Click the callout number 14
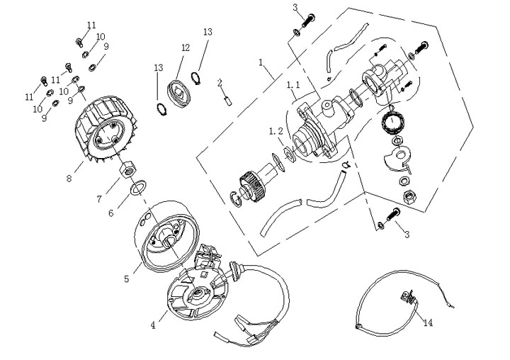[x=428, y=322]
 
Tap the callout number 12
[x=186, y=48]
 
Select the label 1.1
[x=293, y=85]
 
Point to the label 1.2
[x=276, y=131]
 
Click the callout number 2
[x=220, y=83]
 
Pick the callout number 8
[x=69, y=179]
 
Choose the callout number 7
[x=100, y=199]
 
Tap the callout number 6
[x=111, y=213]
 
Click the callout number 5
[x=127, y=279]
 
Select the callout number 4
[x=153, y=325]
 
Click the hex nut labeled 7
[x=127, y=169]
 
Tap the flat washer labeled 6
[x=138, y=188]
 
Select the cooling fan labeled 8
[x=106, y=130]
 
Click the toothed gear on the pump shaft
[x=251, y=186]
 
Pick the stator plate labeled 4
[x=198, y=292]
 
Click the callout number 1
[x=261, y=62]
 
